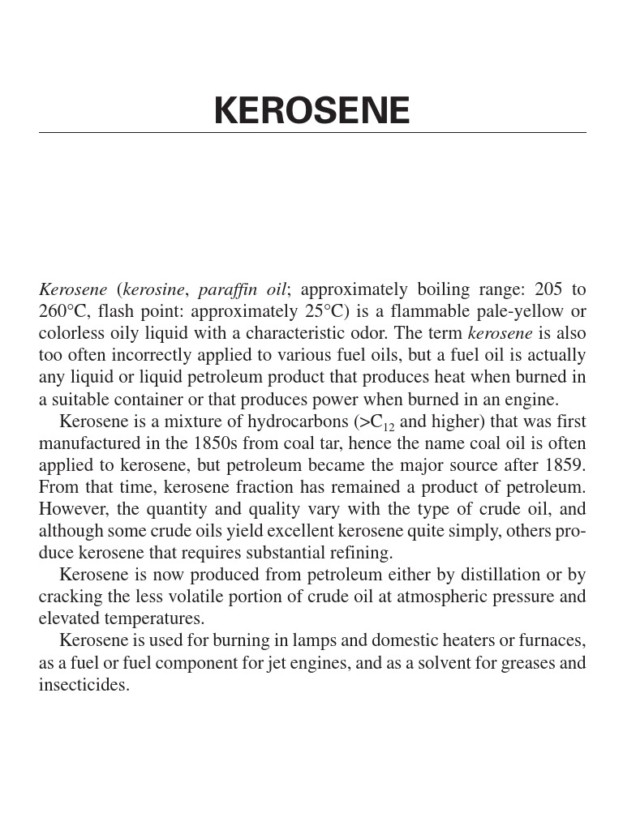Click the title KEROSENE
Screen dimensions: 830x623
(311, 111)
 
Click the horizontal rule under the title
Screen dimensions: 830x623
(311, 133)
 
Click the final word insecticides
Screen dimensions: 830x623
(84, 685)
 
